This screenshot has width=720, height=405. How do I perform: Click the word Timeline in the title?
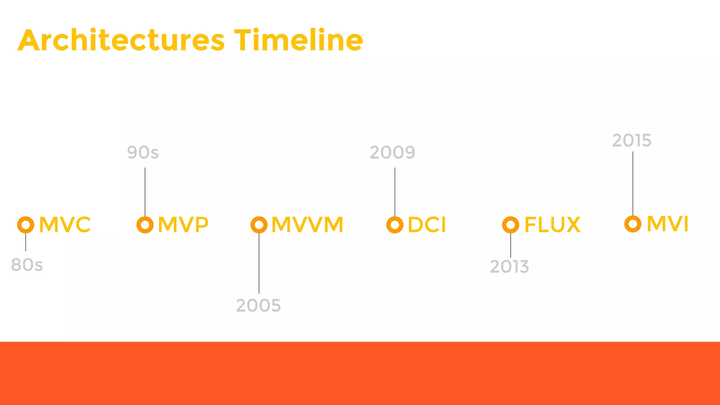coord(298,40)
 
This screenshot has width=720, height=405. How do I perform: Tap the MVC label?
coord(65,225)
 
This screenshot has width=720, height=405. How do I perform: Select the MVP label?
coord(183,225)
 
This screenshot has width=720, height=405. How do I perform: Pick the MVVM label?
coord(307,225)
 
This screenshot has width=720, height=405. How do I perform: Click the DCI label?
coord(427,225)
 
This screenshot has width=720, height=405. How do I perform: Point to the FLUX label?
coord(552,225)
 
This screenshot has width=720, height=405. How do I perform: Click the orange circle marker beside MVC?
coord(26,225)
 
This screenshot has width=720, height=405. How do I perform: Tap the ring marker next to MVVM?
coord(259,225)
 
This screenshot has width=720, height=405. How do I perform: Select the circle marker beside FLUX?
coord(510,225)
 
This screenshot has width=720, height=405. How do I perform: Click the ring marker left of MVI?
coord(633,224)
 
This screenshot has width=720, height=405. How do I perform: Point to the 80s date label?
coord(27,265)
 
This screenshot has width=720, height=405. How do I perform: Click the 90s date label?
coord(143,153)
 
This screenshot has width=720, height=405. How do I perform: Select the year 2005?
coord(258,306)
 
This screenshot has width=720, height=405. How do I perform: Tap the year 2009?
coord(392,153)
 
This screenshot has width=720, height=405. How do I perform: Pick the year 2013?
coord(509,267)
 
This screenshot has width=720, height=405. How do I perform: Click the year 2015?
coord(632,141)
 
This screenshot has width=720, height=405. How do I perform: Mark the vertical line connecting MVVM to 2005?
coord(259,264)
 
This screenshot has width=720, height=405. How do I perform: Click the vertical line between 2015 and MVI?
coord(633,183)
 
